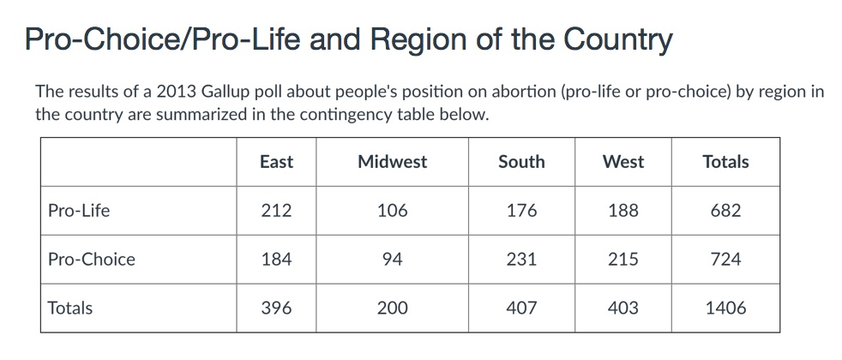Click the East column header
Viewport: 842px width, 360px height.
coord(276,162)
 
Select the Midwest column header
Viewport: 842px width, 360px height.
coord(392,162)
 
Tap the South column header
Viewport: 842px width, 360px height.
coord(521,162)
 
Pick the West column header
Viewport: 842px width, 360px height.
coord(623,162)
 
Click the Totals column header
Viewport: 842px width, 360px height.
coord(725,162)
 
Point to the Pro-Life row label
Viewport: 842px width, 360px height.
coord(79,211)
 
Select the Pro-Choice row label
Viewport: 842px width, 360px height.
coord(92,260)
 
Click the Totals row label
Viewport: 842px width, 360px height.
coord(70,309)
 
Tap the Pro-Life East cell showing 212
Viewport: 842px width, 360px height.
coord(276,211)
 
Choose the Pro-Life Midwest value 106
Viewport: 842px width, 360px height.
coord(392,211)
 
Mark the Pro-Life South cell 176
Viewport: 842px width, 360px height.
coord(521,211)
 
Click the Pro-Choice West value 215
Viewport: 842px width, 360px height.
coord(623,260)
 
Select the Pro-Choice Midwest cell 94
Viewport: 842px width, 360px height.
coord(392,260)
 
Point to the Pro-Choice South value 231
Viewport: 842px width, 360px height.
coord(521,260)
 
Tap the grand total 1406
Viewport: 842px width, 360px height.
coord(725,309)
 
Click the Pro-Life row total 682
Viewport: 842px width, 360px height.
coord(725,211)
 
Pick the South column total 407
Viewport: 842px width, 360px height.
coord(521,309)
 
